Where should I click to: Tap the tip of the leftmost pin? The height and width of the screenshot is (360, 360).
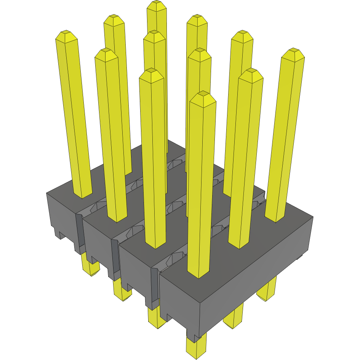(x=66, y=35)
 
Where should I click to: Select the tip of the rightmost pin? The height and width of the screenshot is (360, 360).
(x=293, y=53)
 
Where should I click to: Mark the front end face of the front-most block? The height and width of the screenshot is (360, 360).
(x=179, y=301)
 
